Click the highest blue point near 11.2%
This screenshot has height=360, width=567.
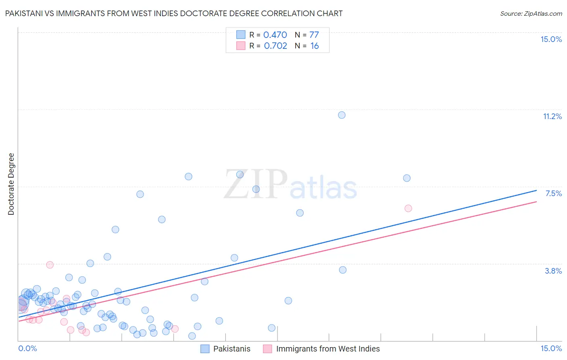pos(342,115)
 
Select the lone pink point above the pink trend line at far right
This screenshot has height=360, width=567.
pos(408,208)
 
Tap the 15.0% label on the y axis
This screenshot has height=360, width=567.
pos(551,39)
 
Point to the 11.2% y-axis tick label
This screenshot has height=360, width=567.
pos(552,116)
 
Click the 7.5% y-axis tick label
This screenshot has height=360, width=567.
pos(553,193)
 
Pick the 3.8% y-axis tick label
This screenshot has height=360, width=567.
pos(553,271)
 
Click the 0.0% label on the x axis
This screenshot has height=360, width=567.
pos(28,348)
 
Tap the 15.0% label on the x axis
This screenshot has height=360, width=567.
pos(551,348)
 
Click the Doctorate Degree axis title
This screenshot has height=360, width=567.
pos(11,184)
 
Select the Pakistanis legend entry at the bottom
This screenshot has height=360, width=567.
pos(231,349)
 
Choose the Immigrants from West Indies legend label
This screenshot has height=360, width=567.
pos(328,349)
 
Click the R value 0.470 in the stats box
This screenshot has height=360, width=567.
pos(275,35)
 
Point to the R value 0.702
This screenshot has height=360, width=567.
pos(275,46)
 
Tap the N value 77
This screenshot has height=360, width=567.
pos(314,35)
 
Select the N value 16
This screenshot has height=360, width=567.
pos(315,46)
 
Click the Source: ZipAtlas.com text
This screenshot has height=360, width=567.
pos(531,14)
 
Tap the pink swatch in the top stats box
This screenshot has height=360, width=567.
pos(241,46)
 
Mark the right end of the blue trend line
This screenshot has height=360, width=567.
pos(537,190)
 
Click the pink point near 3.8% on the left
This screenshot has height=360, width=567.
pos(50,265)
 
